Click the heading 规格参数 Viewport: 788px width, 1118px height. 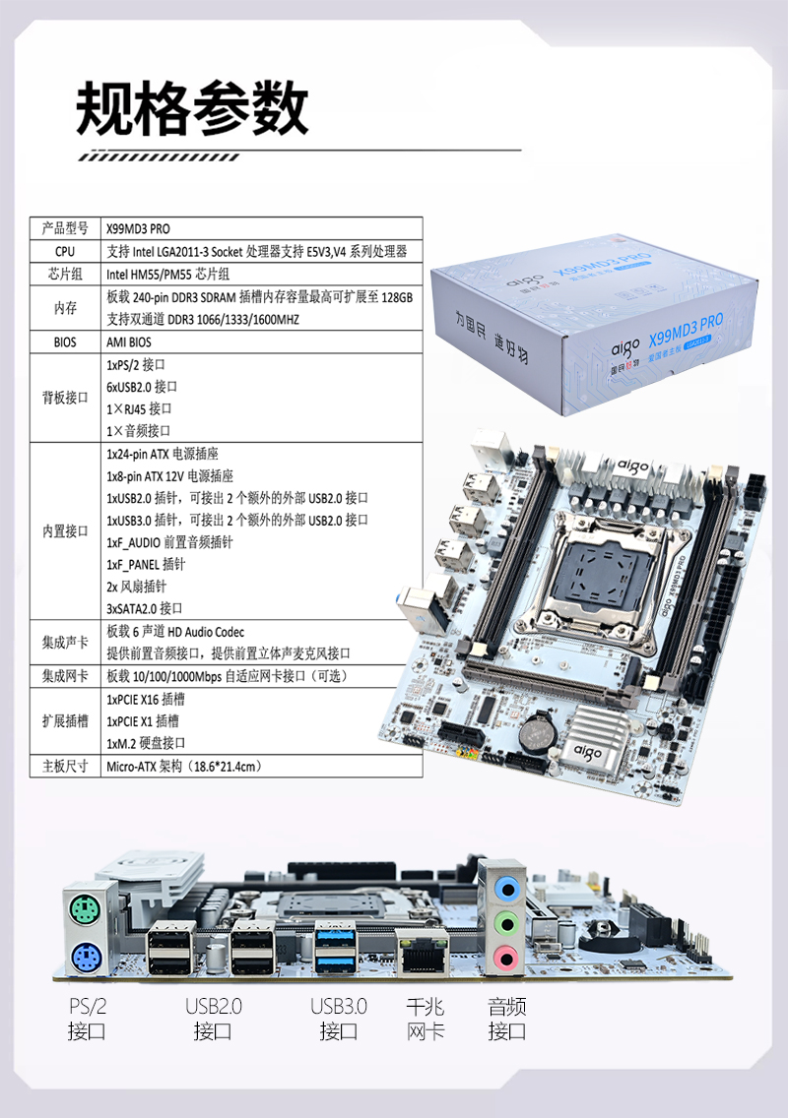192,108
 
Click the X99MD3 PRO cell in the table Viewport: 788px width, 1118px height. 139,229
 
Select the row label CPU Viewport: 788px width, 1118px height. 65,251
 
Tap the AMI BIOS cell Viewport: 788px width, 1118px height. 129,342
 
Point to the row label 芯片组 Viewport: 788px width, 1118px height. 65,274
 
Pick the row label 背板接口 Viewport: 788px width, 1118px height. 65,398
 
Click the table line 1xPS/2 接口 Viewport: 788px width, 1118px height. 136,365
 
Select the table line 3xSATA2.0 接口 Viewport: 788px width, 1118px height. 144,609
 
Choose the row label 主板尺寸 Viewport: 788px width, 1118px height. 65,767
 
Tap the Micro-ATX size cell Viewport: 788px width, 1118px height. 184,767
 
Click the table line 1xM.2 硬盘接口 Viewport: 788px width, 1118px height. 146,744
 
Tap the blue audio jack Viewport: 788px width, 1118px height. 507,889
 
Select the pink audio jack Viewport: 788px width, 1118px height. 506,958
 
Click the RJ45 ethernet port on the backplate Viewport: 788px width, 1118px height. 423,954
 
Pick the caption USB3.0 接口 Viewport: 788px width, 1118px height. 338,1019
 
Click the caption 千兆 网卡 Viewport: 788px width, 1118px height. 426,1019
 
